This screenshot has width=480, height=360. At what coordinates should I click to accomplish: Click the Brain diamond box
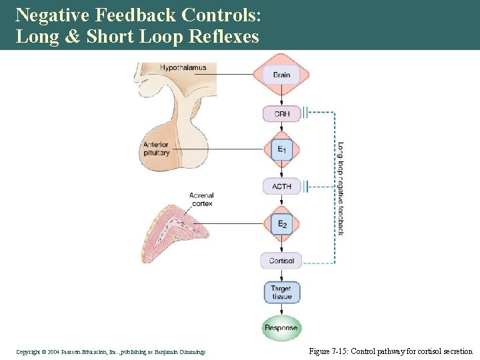[281, 75]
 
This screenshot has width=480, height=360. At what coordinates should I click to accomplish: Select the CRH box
[281, 113]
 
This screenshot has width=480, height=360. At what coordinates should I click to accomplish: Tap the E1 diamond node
[281, 149]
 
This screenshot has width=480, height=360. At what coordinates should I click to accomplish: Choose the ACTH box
[281, 186]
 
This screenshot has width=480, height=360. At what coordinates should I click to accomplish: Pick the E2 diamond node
[281, 223]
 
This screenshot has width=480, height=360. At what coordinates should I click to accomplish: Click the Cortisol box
[281, 260]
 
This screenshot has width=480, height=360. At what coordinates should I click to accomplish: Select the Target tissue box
[281, 292]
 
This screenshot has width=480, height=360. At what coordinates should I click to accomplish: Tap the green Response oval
[281, 328]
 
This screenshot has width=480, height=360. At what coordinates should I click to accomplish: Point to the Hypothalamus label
[183, 67]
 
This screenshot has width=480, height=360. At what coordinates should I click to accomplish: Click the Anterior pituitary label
[156, 149]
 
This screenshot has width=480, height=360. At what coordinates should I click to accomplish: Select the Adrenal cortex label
[201, 199]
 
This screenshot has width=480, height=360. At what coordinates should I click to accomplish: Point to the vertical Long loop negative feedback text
[340, 189]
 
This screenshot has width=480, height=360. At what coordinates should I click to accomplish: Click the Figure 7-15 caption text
[391, 351]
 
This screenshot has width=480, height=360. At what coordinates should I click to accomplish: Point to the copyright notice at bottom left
[111, 351]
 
